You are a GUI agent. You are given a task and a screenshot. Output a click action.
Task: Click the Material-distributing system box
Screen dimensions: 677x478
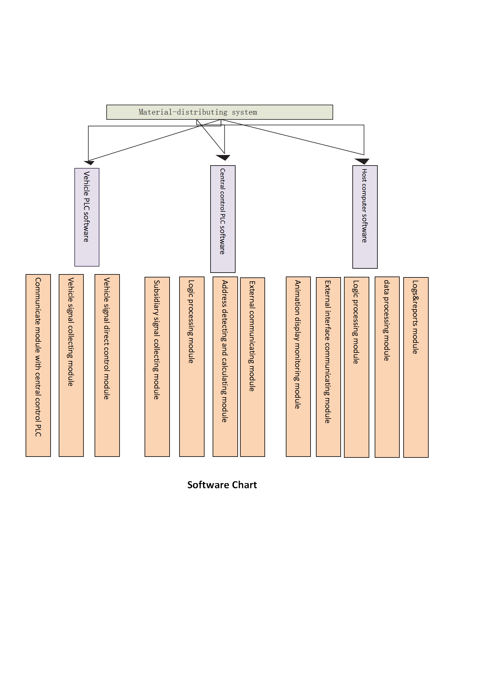[220, 112]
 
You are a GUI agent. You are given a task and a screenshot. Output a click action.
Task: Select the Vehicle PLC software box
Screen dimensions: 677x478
[87, 217]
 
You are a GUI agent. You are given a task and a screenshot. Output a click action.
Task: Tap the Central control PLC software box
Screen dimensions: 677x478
[223, 219]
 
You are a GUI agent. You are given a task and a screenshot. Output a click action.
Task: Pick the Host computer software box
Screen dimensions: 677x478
[365, 217]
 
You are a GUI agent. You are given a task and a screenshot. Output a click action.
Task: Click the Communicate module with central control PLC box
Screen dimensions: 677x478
[38, 365]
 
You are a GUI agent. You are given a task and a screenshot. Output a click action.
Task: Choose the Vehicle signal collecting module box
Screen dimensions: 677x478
[71, 365]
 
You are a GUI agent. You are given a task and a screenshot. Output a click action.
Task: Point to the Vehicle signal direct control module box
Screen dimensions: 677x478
[107, 365]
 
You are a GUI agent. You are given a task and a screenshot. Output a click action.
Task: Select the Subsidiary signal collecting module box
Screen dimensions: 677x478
[157, 366]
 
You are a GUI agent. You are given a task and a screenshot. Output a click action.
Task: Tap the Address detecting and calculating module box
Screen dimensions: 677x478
[225, 366]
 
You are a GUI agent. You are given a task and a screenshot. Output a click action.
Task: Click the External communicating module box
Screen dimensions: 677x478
[252, 367]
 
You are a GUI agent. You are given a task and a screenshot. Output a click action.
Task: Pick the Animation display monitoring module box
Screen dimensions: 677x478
[298, 366]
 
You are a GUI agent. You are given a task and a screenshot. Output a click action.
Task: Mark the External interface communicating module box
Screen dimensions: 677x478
[328, 367]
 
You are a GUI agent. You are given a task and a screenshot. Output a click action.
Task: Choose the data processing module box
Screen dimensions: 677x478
[387, 367]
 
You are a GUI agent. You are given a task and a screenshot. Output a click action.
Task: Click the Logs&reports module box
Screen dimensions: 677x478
[416, 367]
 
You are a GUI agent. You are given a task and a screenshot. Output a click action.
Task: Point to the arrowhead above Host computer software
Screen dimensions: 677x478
[362, 161]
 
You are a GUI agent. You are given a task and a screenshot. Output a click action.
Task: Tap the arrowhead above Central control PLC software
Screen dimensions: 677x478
[223, 157]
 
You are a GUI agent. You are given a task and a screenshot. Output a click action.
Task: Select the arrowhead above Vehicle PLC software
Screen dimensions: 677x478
[89, 163]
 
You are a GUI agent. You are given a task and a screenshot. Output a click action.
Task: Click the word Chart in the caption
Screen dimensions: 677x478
[244, 485]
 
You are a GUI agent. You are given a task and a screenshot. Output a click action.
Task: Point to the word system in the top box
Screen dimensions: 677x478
[244, 112]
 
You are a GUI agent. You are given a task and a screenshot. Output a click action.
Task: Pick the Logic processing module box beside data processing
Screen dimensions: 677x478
[356, 367]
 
